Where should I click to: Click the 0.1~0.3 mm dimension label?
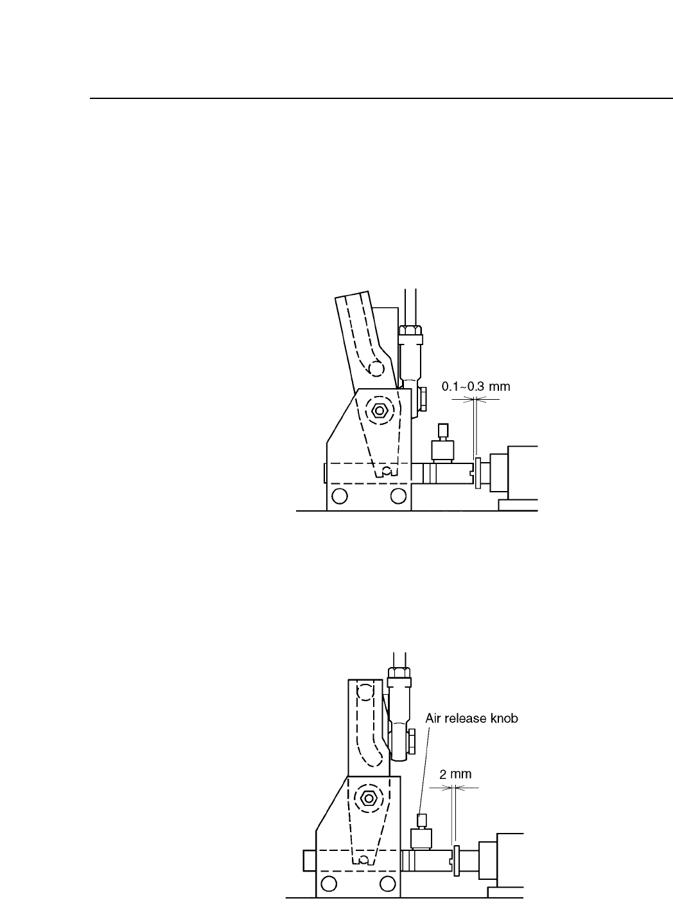pyautogui.click(x=475, y=388)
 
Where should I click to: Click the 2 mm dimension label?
pyautogui.click(x=455, y=774)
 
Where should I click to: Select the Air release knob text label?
pyautogui.click(x=472, y=719)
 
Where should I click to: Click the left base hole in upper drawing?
pyautogui.click(x=340, y=496)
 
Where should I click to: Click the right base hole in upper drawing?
pyautogui.click(x=398, y=496)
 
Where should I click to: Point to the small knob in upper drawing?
pyautogui.click(x=442, y=430)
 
